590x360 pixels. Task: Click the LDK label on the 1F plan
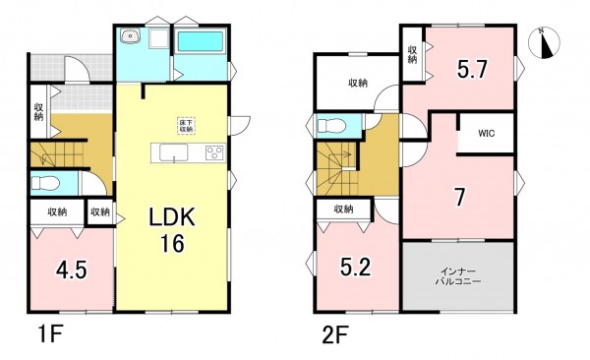coord(172,217)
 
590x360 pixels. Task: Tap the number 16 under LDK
coord(173,244)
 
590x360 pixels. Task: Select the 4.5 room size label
coord(72,270)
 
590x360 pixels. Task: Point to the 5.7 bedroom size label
coord(473,69)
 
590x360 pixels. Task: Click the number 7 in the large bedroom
coord(460,198)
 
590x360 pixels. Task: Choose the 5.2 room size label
coord(356,267)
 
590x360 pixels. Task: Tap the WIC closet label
coord(487,134)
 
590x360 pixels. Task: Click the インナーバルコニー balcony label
coord(458,276)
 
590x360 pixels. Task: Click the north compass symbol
coord(544,43)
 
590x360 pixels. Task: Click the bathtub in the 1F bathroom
coord(201,41)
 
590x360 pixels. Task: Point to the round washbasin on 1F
coord(131,36)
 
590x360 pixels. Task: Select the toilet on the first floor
coord(45,184)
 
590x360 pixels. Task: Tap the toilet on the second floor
coord(331,125)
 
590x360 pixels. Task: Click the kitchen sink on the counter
coord(174,152)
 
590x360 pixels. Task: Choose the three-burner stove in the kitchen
coord(215,152)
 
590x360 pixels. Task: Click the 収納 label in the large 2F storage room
coord(358,83)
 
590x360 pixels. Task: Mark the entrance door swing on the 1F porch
coord(77,68)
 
